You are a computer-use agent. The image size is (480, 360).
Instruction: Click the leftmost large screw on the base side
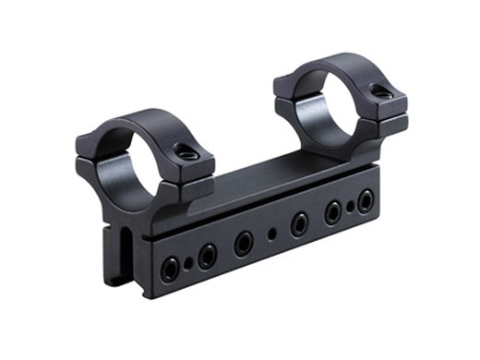pyautogui.click(x=170, y=269)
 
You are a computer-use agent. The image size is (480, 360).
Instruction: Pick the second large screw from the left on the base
pyautogui.click(x=206, y=255)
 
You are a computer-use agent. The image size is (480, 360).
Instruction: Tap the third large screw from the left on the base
pyautogui.click(x=244, y=243)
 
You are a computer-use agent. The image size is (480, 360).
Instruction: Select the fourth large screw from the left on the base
pyautogui.click(x=299, y=224)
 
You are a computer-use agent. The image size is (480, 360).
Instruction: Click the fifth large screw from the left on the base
pyautogui.click(x=332, y=213)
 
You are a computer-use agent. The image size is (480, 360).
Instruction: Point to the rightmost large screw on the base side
pyautogui.click(x=366, y=201)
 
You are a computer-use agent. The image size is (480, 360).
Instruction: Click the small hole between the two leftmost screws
pyautogui.click(x=188, y=263)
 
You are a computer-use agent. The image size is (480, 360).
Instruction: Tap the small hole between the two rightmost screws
pyautogui.click(x=350, y=208)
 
